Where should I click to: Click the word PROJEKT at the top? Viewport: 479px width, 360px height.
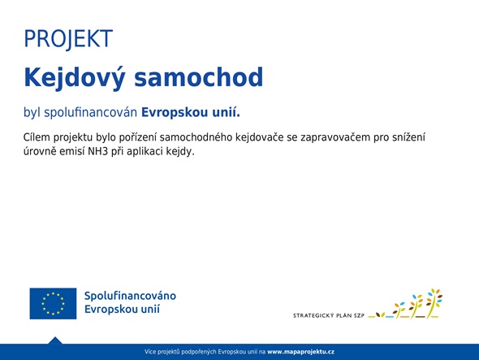coord(68,39)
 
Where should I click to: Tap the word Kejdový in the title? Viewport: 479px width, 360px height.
coord(74,78)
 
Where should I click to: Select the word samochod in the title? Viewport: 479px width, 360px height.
coord(199,77)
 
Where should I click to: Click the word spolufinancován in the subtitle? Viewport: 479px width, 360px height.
coord(90,113)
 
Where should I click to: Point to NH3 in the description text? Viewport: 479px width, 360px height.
coord(98,151)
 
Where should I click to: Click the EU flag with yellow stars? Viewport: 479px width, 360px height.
coord(53,303)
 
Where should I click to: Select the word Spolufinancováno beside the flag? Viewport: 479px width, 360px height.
coord(130,296)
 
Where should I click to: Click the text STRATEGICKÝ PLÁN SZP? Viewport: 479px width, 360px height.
coord(329,315)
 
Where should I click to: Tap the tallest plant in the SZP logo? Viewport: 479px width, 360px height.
coord(434,303)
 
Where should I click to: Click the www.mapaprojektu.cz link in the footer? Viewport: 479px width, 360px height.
coord(300,352)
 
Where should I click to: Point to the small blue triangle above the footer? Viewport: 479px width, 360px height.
coord(55,340)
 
